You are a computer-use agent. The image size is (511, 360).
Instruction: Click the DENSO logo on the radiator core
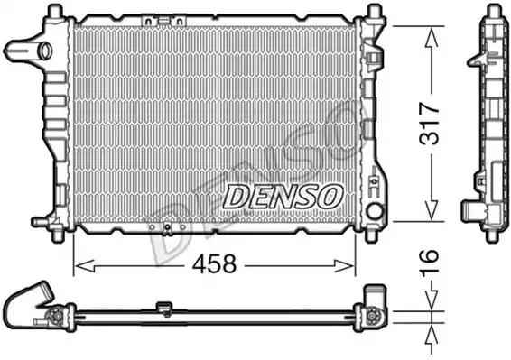(x=281, y=193)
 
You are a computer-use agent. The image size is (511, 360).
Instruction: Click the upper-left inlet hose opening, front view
(x=16, y=49)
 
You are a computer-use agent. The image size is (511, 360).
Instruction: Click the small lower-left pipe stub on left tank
(x=38, y=219)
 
